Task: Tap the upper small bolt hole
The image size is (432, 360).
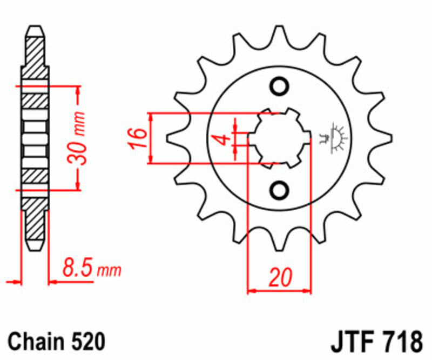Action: (280, 86)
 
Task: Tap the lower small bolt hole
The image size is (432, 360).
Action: (280, 189)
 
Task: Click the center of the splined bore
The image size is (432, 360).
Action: (280, 138)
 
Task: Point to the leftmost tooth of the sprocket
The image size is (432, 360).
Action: (173, 138)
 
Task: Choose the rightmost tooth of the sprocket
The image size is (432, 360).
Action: (385, 138)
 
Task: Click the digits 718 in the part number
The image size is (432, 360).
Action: (403, 342)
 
